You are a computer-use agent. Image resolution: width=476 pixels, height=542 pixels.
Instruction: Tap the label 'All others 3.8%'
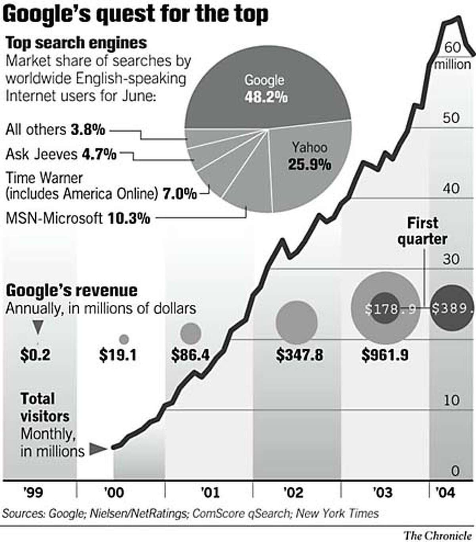click(55, 129)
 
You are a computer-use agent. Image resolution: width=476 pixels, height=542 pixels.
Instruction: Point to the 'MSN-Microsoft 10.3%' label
click(78, 218)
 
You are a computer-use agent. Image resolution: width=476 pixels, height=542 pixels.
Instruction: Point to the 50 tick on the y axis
click(451, 118)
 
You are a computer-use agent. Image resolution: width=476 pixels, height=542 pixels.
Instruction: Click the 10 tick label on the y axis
click(451, 400)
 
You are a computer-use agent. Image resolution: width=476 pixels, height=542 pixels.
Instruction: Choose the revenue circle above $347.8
click(297, 321)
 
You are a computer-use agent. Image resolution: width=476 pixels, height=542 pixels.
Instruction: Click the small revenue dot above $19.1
click(124, 339)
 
